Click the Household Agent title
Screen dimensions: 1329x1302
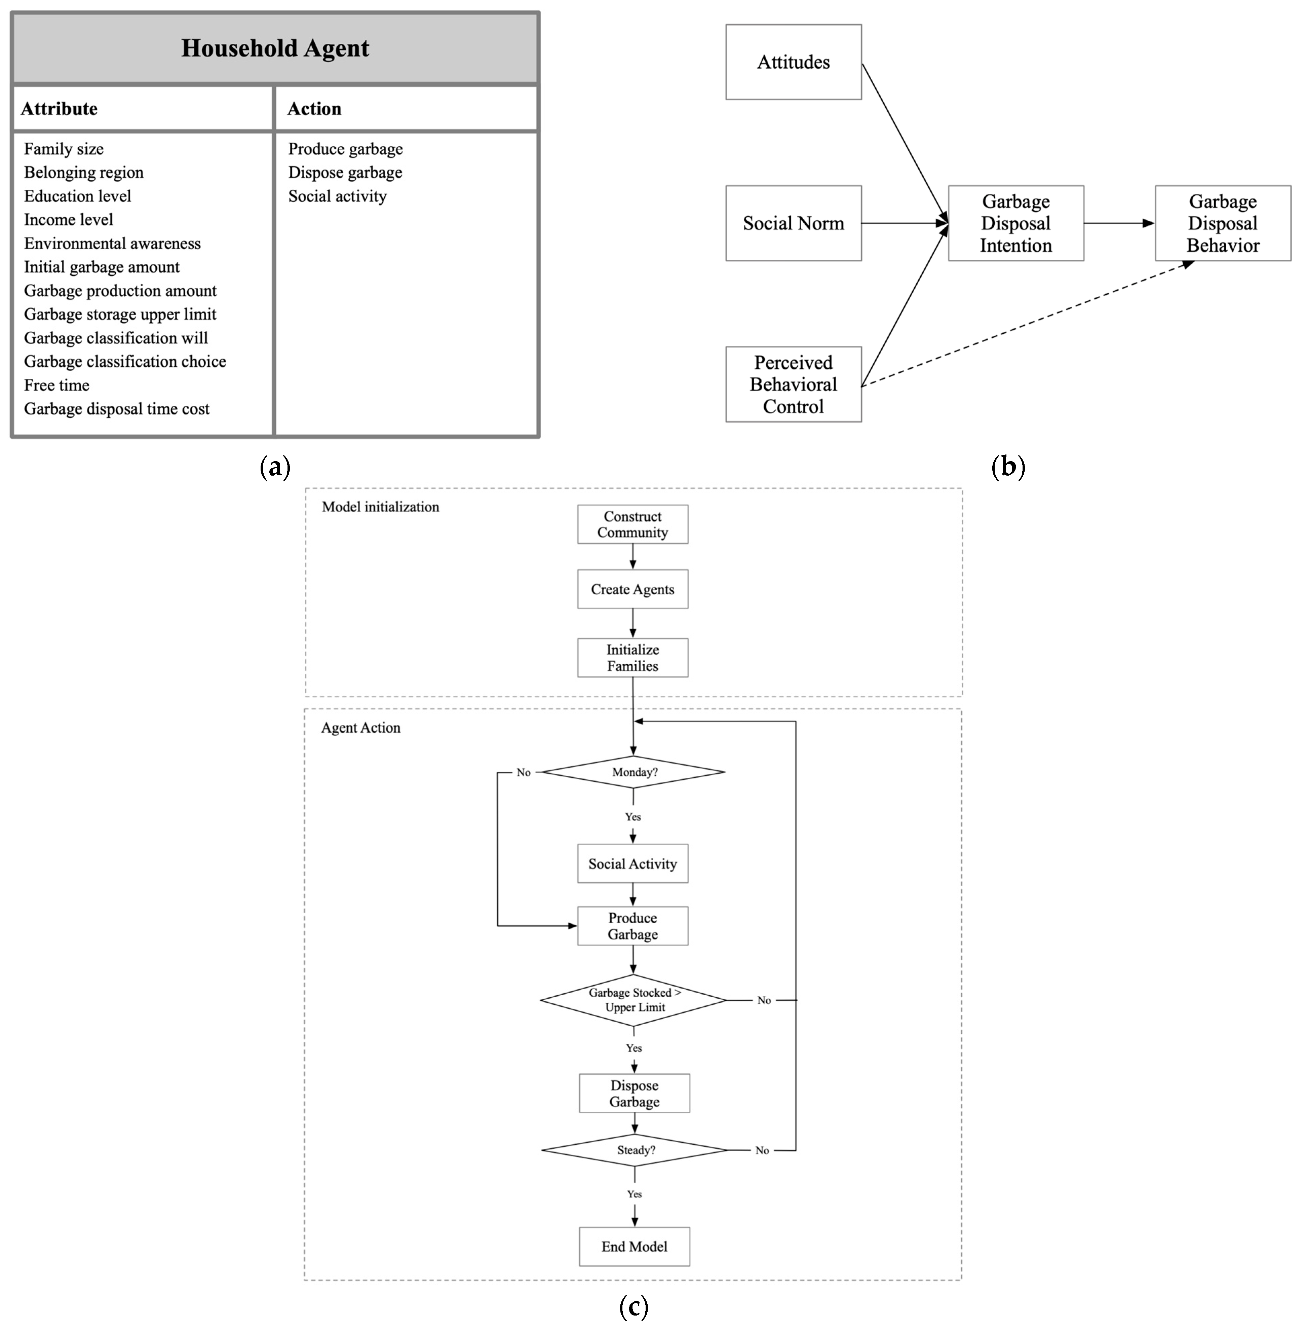click(275, 48)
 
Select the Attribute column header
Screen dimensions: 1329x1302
click(60, 109)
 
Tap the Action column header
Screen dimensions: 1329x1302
click(314, 109)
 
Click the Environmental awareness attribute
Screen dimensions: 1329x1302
click(112, 244)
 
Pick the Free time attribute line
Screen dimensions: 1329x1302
click(57, 385)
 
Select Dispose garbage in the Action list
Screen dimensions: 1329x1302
click(345, 172)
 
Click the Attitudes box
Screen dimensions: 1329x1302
click(793, 62)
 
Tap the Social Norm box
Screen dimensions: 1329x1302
click(793, 223)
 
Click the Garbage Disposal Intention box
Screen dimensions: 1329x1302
click(1016, 223)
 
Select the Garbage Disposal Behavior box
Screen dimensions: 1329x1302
click(1223, 223)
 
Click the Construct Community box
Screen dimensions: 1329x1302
click(633, 525)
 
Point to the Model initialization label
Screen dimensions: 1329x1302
click(380, 507)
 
